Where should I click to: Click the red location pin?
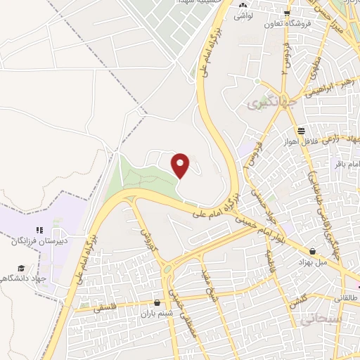[181, 166]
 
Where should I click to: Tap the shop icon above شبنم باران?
[156, 303]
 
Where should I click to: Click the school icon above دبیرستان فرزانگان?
[40, 230]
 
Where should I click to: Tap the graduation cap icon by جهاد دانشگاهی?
[22, 269]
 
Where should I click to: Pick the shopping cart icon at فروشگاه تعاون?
[287, 13]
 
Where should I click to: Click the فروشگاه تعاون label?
[287, 23]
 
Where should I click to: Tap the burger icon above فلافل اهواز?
[301, 130]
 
